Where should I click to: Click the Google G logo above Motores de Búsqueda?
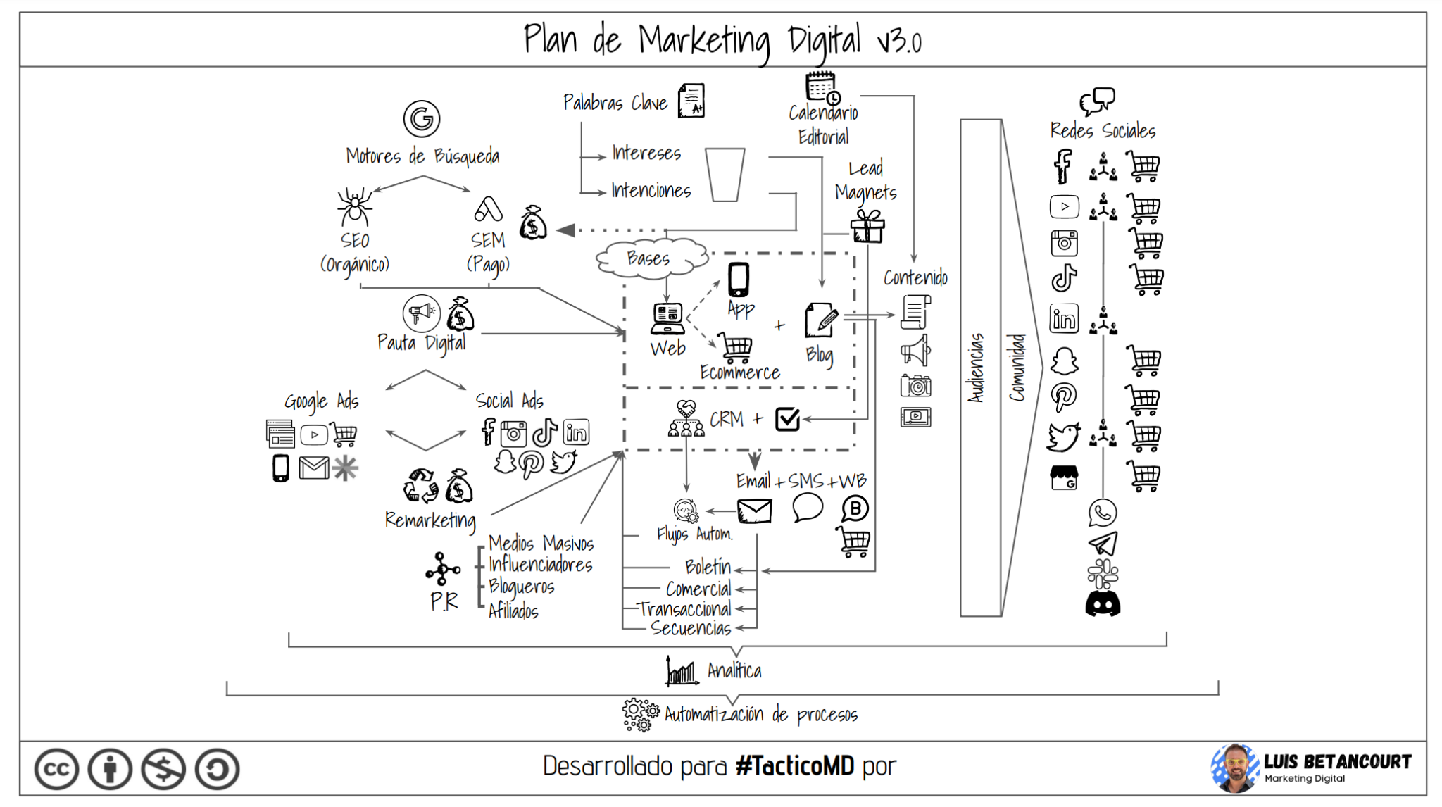click(x=422, y=118)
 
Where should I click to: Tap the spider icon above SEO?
click(x=354, y=206)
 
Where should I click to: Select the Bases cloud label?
click(x=648, y=258)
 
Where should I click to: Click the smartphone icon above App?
click(x=739, y=280)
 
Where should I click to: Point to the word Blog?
click(x=819, y=354)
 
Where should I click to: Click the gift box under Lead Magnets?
click(x=867, y=227)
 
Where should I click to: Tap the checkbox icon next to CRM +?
click(x=787, y=419)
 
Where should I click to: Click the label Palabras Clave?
click(x=615, y=103)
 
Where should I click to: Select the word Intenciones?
click(x=651, y=190)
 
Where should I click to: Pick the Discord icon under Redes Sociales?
click(x=1103, y=604)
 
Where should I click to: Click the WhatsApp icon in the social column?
click(x=1102, y=513)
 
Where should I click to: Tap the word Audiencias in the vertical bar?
click(x=976, y=368)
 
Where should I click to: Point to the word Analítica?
click(x=734, y=670)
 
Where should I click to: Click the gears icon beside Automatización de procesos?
click(x=640, y=715)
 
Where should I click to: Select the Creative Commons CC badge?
click(x=56, y=768)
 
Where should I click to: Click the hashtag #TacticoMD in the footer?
click(x=794, y=765)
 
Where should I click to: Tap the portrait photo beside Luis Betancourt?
click(x=1234, y=768)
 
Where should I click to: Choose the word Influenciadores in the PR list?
click(x=540, y=565)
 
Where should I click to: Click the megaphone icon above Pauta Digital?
click(x=421, y=313)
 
